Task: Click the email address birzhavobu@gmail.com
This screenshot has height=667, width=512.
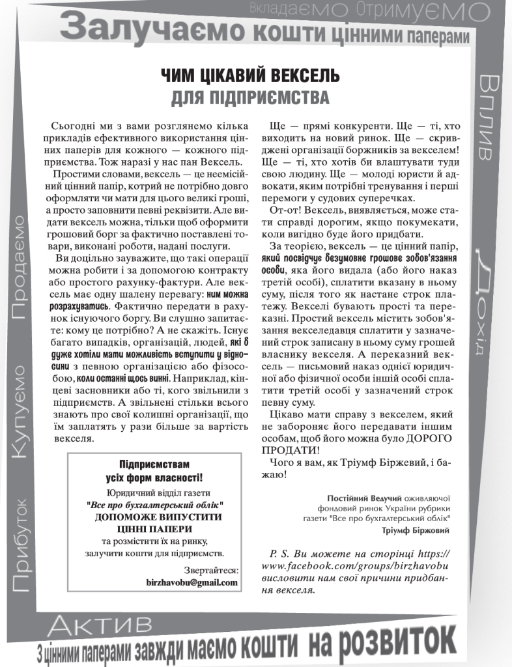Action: (192, 582)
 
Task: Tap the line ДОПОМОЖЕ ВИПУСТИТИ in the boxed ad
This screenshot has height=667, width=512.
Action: (154, 516)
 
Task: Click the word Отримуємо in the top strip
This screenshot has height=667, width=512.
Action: (423, 9)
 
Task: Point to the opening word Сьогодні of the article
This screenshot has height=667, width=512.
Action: (70, 124)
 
